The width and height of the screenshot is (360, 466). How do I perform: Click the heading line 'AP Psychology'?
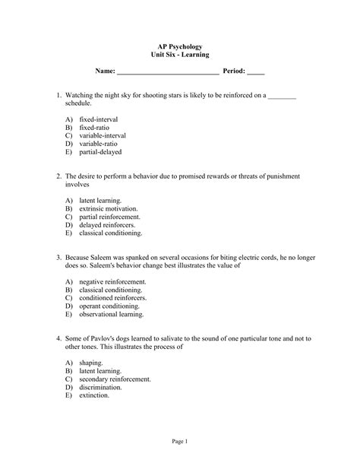point(180,46)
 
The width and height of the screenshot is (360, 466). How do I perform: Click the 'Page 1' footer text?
point(179,442)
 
